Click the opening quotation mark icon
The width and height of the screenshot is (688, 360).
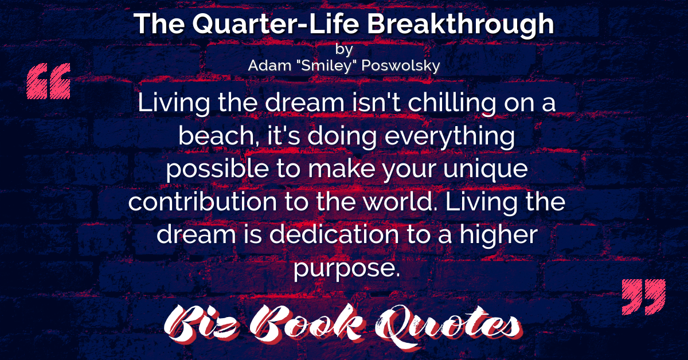(x=49, y=81)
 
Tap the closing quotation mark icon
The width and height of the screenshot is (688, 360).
(x=643, y=297)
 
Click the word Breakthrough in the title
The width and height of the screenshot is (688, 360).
(x=461, y=24)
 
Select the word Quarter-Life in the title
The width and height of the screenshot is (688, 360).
(x=276, y=25)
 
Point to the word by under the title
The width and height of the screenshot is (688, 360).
(x=344, y=49)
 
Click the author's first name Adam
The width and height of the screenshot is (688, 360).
(x=269, y=65)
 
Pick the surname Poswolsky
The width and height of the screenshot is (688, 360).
(x=401, y=66)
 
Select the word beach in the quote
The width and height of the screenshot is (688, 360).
(x=219, y=135)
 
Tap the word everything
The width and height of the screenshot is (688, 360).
(x=449, y=136)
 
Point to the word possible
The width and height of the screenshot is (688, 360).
(x=217, y=169)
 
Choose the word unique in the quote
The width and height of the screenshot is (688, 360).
(x=486, y=170)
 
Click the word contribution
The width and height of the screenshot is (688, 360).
(x=203, y=202)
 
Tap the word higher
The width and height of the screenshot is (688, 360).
(x=498, y=236)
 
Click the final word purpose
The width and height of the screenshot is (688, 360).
(x=347, y=269)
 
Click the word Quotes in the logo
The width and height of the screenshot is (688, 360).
(x=448, y=326)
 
